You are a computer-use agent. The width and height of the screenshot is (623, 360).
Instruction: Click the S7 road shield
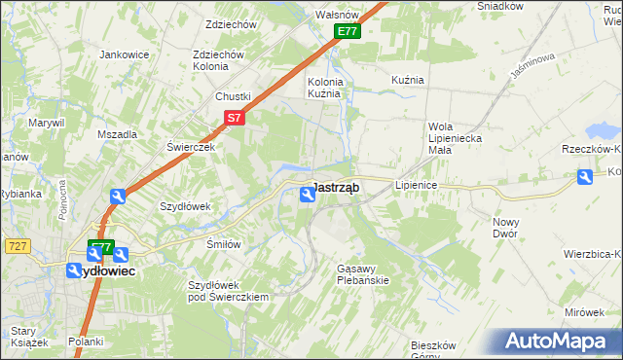pos(234,118)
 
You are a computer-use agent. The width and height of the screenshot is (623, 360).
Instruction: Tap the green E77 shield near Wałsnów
pos(348,32)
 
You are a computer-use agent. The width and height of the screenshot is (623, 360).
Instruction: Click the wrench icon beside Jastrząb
pos(307,196)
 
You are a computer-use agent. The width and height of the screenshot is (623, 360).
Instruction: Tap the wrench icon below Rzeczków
pos(584,177)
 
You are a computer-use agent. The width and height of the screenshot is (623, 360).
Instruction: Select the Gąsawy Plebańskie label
pos(362,273)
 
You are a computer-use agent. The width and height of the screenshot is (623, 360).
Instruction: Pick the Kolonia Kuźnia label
pos(325,88)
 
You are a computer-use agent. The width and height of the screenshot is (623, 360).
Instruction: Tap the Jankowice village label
pos(124,54)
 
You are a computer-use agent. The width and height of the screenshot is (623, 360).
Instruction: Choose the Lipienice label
pos(418,184)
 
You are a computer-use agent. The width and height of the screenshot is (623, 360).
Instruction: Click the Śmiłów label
pos(223,244)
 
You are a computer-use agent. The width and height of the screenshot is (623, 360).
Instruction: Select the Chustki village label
pos(234,96)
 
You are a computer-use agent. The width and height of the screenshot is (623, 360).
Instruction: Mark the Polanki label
pos(86,342)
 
